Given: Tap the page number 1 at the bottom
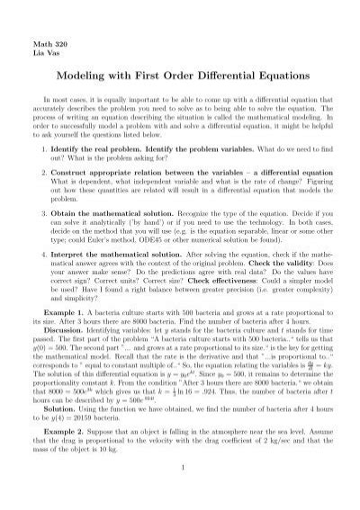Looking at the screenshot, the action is pyautogui.click(x=180, y=500).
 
